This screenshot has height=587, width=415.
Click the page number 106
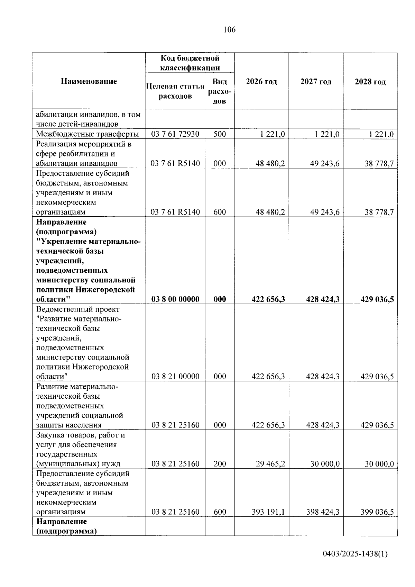(229, 30)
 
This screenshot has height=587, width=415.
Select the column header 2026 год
(261, 82)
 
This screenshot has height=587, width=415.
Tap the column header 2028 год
(370, 82)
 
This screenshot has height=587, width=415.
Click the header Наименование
(89, 81)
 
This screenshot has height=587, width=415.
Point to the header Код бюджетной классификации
(190, 63)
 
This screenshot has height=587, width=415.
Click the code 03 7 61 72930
(175, 134)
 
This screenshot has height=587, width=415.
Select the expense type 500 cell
(220, 134)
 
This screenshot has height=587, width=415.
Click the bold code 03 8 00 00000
(175, 299)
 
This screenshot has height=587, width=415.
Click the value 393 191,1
(268, 512)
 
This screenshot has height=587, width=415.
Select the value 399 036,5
(377, 512)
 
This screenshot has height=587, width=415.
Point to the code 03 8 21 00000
(175, 376)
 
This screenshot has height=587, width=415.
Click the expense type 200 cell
(220, 464)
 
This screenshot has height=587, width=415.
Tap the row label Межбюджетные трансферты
(87, 134)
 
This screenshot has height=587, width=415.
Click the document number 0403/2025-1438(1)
(355, 554)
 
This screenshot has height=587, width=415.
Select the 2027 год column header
(316, 82)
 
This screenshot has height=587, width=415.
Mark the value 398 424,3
(323, 512)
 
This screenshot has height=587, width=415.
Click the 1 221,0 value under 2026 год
(273, 134)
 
